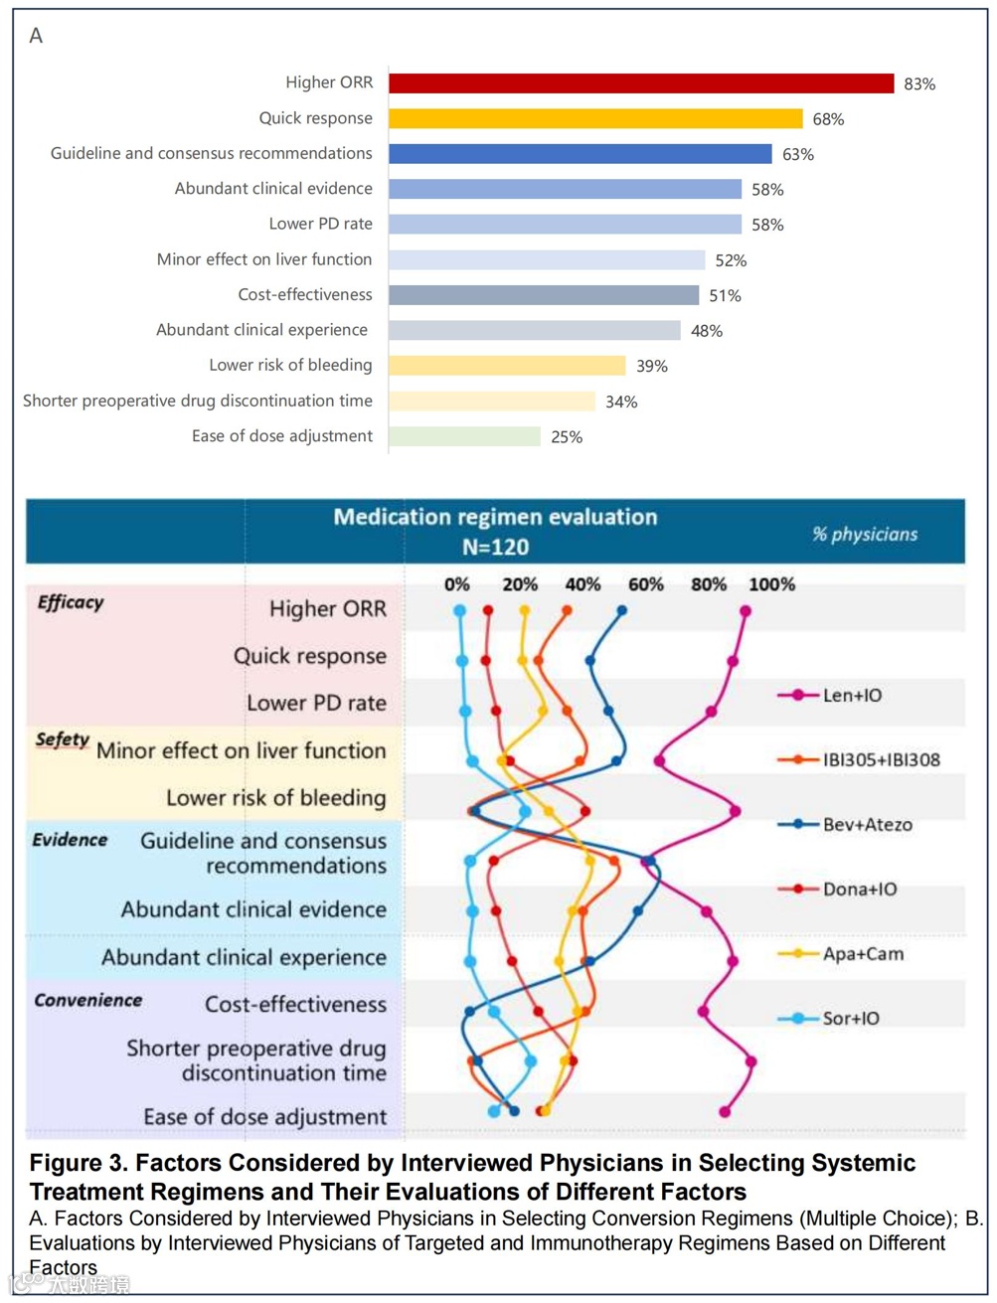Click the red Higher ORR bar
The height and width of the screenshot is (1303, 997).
tap(641, 83)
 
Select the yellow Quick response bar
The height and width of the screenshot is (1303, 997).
tap(595, 118)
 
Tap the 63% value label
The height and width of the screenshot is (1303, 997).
tap(797, 154)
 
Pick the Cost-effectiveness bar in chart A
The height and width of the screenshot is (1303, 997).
tap(544, 295)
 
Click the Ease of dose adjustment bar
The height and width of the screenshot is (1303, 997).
tap(464, 436)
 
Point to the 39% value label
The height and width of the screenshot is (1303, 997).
tap(651, 366)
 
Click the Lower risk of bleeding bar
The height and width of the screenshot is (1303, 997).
tap(507, 366)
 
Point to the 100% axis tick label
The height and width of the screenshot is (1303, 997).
tap(771, 584)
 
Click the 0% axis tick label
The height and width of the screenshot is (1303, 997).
tap(457, 584)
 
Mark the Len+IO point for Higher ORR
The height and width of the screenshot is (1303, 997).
tap(746, 612)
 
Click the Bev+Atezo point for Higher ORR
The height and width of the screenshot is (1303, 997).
tap(622, 611)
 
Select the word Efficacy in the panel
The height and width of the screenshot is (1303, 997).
tap(71, 602)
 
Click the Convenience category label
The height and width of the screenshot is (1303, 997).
tap(88, 1000)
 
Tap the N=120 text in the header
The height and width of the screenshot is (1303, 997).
tap(495, 547)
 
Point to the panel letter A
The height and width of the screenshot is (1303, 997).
tap(36, 36)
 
